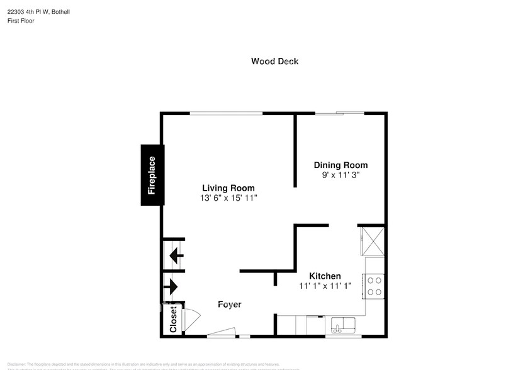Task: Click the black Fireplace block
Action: coord(152,175)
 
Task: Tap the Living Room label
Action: coord(228,188)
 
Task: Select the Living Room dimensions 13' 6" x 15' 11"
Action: coord(228,198)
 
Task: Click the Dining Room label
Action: coord(340,165)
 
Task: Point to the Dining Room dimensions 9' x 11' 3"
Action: coord(340,175)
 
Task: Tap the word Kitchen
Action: coord(325,276)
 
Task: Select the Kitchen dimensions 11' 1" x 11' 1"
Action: coord(325,286)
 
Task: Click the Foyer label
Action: coord(230,305)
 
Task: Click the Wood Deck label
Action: coord(274,61)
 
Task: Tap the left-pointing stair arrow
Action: coord(175,256)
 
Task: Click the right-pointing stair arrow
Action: coord(171,287)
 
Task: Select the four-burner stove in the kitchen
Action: coord(375,286)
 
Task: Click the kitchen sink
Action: coord(343,325)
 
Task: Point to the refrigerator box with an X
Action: coord(371,240)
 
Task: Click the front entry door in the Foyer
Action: coord(222,332)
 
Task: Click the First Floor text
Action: coord(21,21)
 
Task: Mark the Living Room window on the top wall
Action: coord(226,113)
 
